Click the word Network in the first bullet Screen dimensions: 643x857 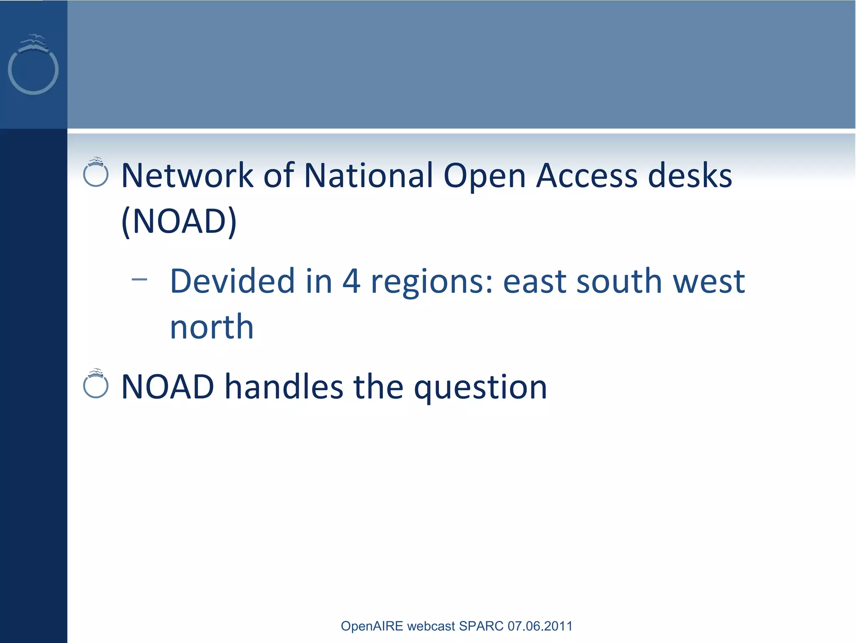pyautogui.click(x=187, y=175)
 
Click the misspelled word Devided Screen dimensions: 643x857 pyautogui.click(x=232, y=281)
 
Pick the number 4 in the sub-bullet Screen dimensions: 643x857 pyautogui.click(x=351, y=281)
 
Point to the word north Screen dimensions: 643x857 pyautogui.click(x=212, y=327)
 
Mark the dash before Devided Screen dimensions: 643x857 pyautogui.click(x=139, y=280)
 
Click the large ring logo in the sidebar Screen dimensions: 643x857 pyautogui.click(x=33, y=69)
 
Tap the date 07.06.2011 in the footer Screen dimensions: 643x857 pyautogui.click(x=540, y=626)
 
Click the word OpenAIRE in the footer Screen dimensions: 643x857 pyautogui.click(x=372, y=626)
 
